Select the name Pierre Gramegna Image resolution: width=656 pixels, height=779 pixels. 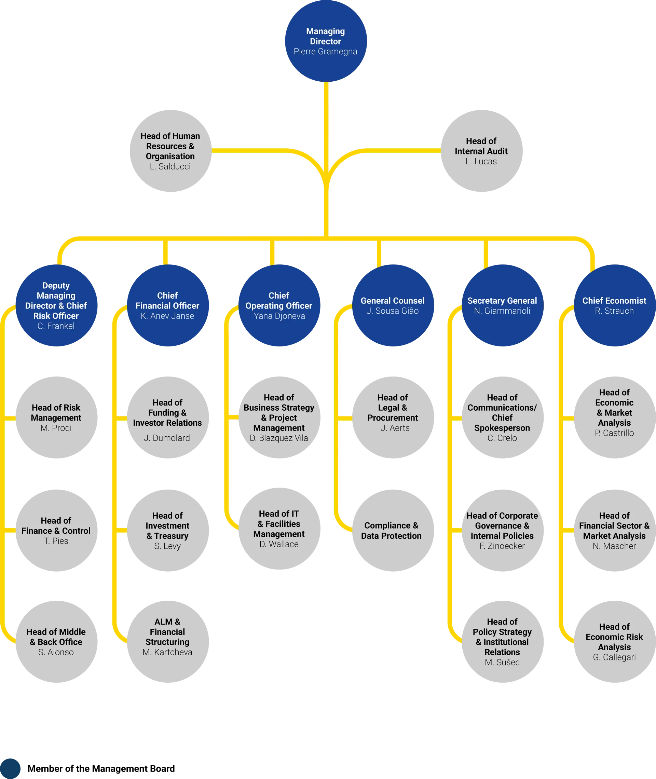pos(325,52)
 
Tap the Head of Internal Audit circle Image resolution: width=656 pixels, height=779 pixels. pos(482,151)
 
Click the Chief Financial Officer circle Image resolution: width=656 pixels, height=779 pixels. pos(168,306)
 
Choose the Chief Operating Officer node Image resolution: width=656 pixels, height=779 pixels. pos(279,306)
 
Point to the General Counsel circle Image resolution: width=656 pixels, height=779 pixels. pos(393,306)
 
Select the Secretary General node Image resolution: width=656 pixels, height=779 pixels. pos(502,306)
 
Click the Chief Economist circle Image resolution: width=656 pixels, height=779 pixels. pos(614,306)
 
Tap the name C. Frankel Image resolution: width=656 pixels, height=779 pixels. pos(56,326)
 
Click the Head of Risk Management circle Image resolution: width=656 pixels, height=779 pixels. pos(56,417)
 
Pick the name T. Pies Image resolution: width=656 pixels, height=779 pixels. pos(56,541)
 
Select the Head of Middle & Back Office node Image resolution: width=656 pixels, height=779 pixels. pos(56,642)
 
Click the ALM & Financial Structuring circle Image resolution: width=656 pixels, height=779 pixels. pos(168,642)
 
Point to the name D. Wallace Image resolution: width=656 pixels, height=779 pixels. pos(279,544)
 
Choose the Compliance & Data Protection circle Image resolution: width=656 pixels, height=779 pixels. pos(393,531)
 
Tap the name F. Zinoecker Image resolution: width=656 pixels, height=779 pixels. pos(502,546)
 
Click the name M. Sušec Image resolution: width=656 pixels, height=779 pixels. pos(502,662)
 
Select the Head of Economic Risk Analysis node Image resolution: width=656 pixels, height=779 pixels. pos(614,642)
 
